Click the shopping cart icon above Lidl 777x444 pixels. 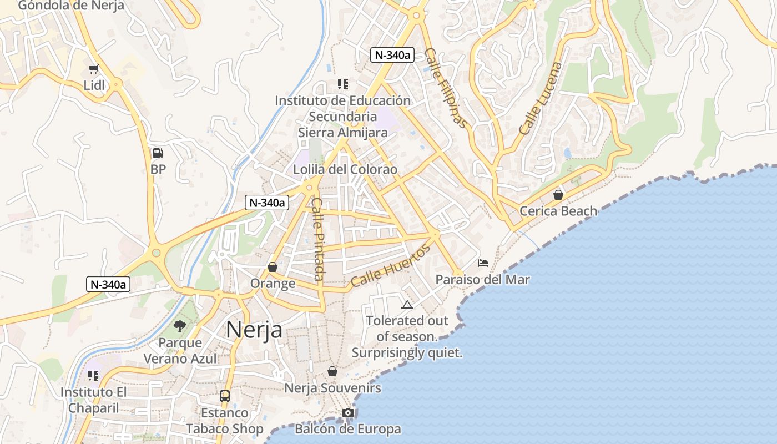(x=93, y=69)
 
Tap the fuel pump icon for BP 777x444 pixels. (x=158, y=153)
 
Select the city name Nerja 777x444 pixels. (x=254, y=330)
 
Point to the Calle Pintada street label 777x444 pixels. (x=317, y=239)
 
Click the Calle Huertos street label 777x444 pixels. (x=391, y=266)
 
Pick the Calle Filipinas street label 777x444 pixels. (x=446, y=88)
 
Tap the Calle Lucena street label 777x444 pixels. (x=541, y=99)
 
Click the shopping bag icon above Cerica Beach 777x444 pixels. (x=558, y=195)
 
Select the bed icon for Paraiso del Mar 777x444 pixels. (x=483, y=263)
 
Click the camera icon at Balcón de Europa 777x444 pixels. (x=348, y=412)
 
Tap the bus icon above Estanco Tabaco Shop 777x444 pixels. (x=225, y=396)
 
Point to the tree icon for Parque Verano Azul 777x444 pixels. (x=179, y=326)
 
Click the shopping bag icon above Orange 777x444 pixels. (x=273, y=267)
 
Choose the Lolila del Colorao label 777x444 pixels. (x=345, y=169)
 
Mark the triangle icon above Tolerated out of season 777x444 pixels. (x=407, y=305)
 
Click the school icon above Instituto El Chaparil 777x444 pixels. (x=93, y=376)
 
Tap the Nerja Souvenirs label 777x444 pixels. (x=332, y=388)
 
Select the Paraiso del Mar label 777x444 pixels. (x=482, y=280)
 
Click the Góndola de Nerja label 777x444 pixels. (x=72, y=6)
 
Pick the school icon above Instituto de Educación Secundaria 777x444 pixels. (x=343, y=84)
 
